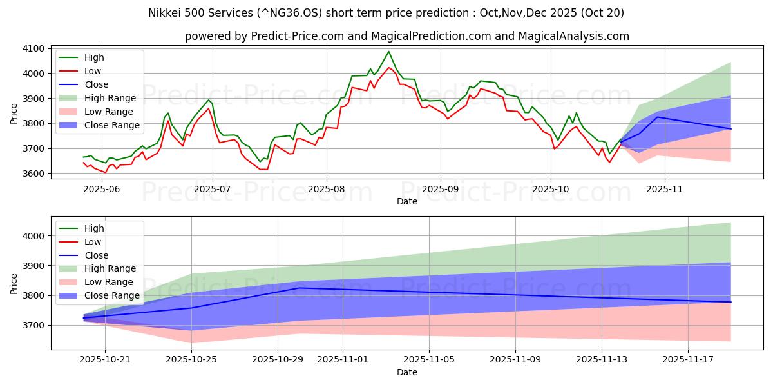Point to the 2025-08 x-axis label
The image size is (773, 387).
(326, 190)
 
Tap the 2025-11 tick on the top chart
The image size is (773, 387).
(664, 190)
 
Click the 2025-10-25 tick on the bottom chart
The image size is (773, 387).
(191, 360)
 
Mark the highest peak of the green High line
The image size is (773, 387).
(388, 52)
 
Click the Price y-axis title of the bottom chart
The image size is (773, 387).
(14, 283)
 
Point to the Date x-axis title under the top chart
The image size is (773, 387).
(406, 201)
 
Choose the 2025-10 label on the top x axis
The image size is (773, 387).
(551, 190)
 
